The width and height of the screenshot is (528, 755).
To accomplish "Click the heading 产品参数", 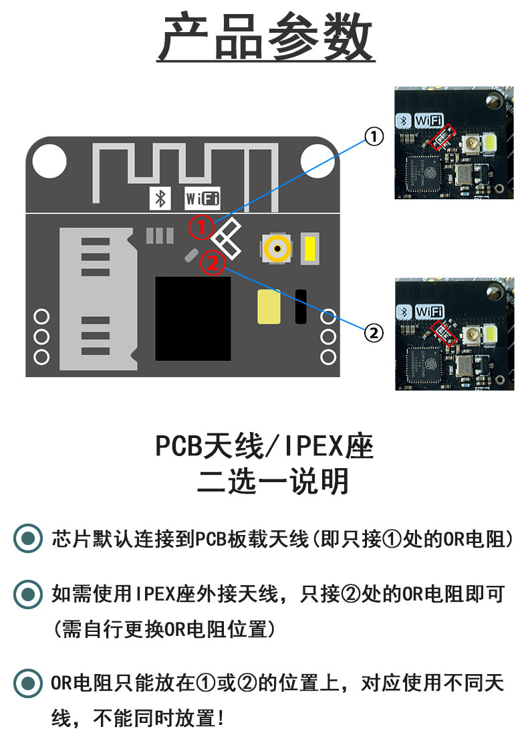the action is tap(266, 39).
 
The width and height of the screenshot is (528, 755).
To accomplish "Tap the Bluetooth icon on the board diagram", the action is tap(160, 199).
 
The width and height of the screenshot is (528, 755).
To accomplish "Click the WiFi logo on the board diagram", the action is tap(202, 199).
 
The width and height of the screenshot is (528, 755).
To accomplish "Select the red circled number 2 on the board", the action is tap(213, 262).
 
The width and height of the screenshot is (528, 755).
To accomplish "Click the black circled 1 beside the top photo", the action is tap(374, 136).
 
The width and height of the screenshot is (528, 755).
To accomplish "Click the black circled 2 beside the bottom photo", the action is tap(374, 332).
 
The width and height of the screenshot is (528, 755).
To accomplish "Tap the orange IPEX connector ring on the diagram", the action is tap(277, 249).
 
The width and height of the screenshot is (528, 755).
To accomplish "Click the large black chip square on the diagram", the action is tap(193, 318).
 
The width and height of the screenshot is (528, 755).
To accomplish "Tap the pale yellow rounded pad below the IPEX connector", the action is tap(269, 307).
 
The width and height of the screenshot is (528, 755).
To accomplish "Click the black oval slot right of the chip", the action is tap(301, 307).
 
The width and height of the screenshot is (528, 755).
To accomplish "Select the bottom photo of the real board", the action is tap(454, 333).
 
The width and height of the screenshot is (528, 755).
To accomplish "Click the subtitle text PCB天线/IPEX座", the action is tap(265, 446).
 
